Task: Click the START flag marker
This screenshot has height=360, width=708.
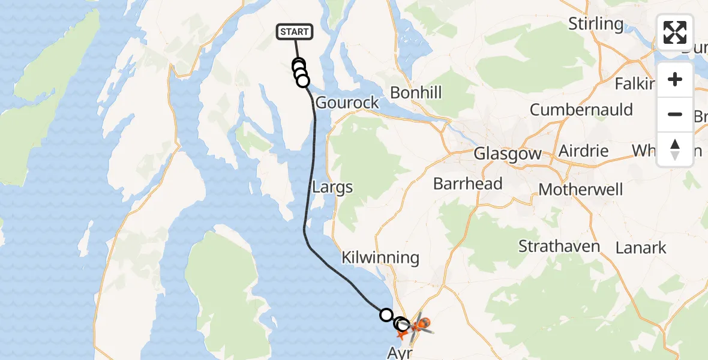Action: point(294,32)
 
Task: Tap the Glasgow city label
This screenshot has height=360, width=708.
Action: point(508,154)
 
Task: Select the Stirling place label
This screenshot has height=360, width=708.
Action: point(596,24)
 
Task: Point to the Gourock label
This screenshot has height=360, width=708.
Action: point(347,102)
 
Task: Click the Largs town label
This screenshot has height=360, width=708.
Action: point(332,187)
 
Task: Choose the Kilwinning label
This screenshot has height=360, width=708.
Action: point(380,258)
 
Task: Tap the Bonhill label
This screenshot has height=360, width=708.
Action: point(416,92)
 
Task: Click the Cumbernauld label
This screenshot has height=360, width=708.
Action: point(581,110)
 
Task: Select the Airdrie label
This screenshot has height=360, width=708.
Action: point(583,151)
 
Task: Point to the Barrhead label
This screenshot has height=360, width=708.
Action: point(468,184)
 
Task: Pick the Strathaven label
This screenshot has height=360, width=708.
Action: point(559,247)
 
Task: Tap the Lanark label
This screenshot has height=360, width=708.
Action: point(641,247)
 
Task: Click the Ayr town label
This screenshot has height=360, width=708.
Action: point(400,353)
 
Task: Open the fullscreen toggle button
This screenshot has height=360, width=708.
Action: point(675,32)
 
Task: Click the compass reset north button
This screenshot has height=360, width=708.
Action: point(675,149)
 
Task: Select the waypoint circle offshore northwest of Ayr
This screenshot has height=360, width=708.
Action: point(386,314)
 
